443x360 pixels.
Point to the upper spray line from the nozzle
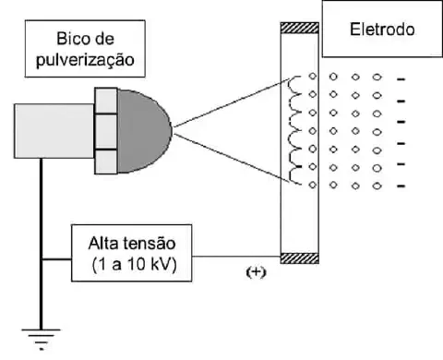pos(231,102)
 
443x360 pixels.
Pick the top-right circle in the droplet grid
pos(377,78)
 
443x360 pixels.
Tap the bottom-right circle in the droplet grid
pos(377,185)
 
